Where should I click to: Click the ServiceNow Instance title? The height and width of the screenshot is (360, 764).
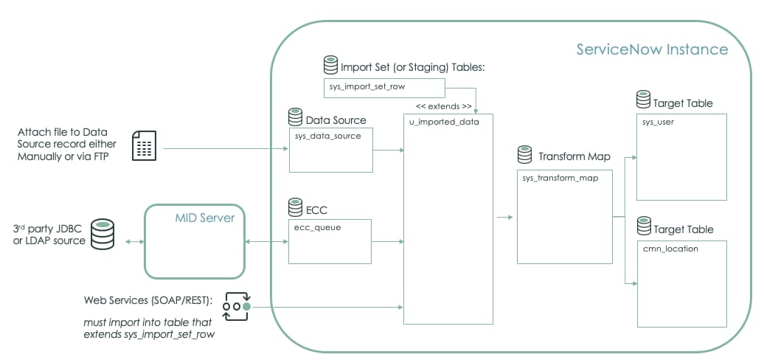(652, 50)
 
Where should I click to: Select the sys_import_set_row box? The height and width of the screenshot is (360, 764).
(384, 88)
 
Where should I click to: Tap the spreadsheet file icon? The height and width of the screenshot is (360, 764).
(145, 145)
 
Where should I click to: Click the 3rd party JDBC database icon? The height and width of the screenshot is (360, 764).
(102, 233)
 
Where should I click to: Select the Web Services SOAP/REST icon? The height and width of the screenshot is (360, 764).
(236, 306)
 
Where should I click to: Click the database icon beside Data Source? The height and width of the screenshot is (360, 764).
(296, 117)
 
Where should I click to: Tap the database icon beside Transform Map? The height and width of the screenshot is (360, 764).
(525, 155)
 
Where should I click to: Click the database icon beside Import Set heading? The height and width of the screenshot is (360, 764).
(330, 66)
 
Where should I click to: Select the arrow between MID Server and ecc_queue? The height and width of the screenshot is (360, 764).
(268, 241)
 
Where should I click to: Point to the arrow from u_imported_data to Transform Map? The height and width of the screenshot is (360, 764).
(505, 217)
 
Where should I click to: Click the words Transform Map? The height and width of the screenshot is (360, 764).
(574, 157)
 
